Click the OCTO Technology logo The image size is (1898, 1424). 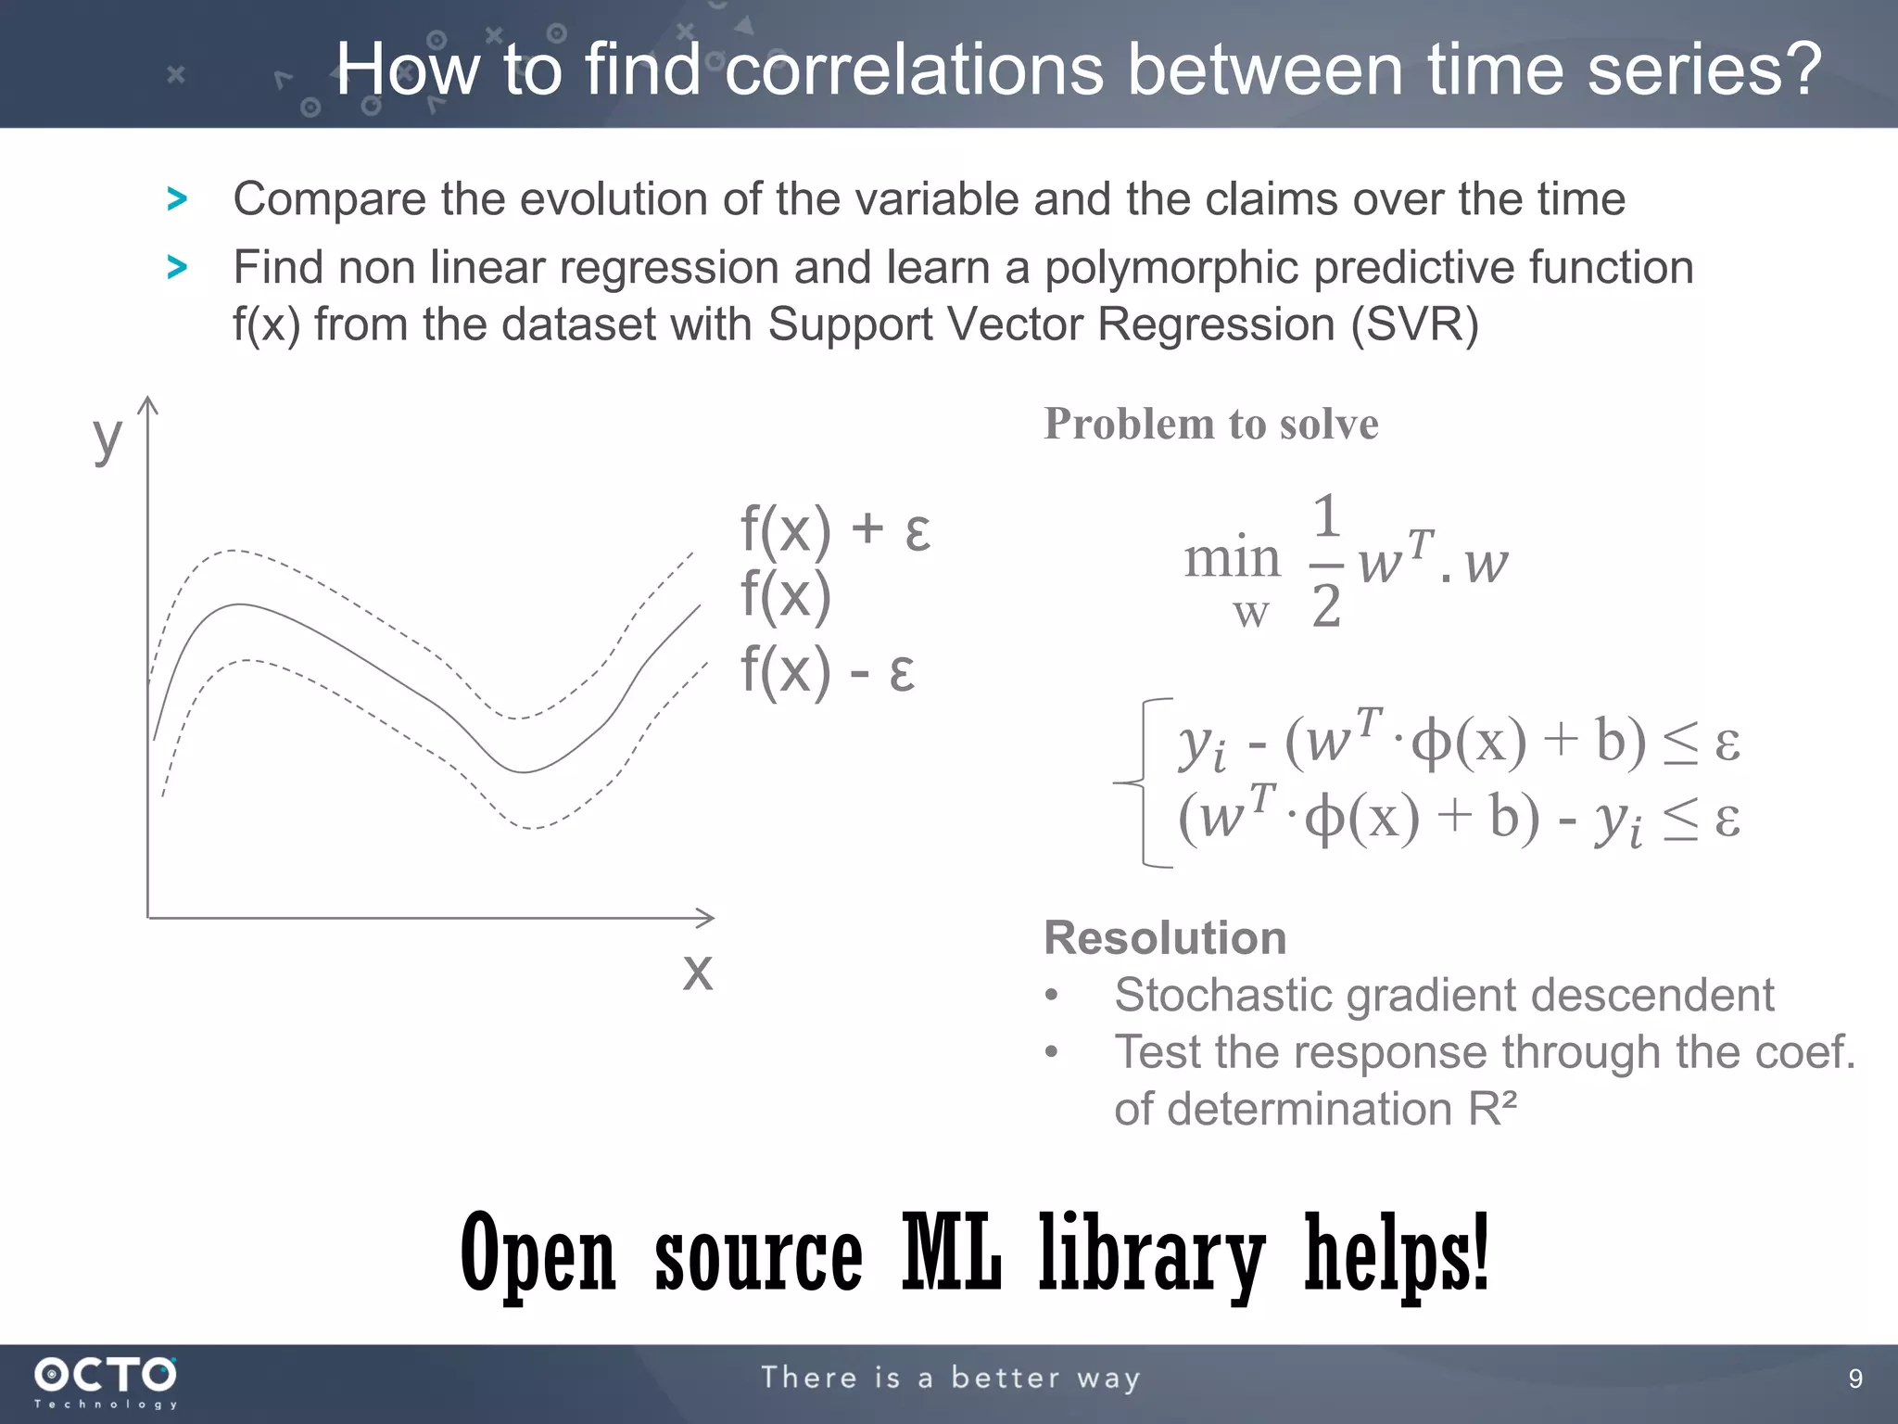(x=106, y=1381)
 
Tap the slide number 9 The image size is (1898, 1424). (x=1854, y=1379)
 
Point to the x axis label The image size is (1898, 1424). (x=698, y=972)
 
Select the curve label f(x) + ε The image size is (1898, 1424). (x=835, y=529)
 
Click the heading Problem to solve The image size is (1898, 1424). (x=1210, y=424)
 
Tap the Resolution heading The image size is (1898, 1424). (x=1165, y=937)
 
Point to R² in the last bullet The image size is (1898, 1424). (x=1492, y=1108)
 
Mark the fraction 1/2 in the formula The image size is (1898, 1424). (x=1326, y=562)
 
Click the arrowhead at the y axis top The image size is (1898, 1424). (x=148, y=404)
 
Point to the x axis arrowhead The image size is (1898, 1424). (x=706, y=918)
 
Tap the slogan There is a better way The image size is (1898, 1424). (x=950, y=1378)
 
